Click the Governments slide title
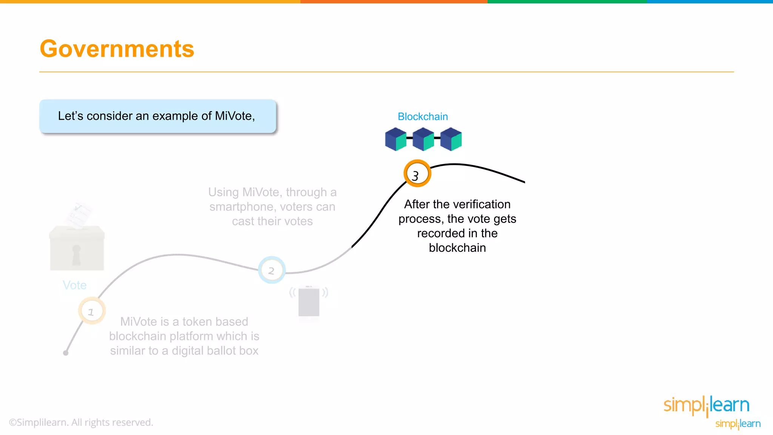[117, 49]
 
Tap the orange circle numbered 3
[417, 174]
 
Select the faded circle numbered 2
[271, 270]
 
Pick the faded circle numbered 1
[92, 311]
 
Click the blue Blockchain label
[423, 117]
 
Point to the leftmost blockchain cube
[395, 139]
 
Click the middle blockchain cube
[423, 139]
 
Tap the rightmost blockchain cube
[451, 139]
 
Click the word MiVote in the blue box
[234, 116]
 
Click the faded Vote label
[75, 285]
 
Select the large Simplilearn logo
[706, 406]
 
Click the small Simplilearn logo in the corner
[738, 424]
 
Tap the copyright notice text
[81, 422]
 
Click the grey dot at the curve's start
[66, 353]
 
